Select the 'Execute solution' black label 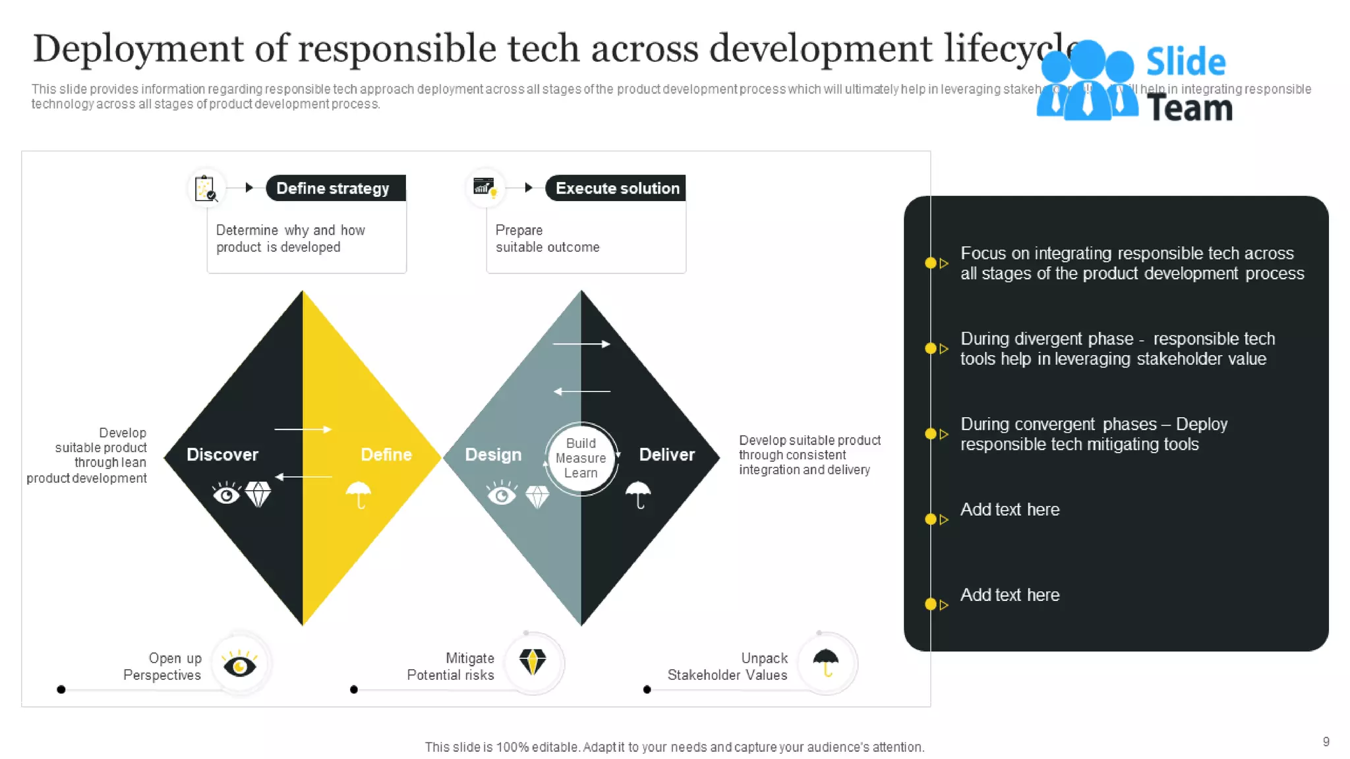tap(616, 188)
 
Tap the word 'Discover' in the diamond tap(222, 455)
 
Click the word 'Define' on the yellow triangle tap(386, 455)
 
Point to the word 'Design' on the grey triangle tap(493, 455)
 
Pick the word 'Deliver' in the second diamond tap(666, 455)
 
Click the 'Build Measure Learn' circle tap(581, 458)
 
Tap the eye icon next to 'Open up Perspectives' tap(239, 665)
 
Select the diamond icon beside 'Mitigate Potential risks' tap(533, 661)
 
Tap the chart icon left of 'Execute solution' tap(485, 188)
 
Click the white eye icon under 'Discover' tap(226, 493)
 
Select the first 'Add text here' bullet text tap(1009, 510)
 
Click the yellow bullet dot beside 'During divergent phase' tap(931, 349)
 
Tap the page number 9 tap(1326, 742)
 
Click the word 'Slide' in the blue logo tap(1185, 63)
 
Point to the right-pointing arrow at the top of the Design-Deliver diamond tap(581, 344)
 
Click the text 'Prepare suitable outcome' tap(547, 239)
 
